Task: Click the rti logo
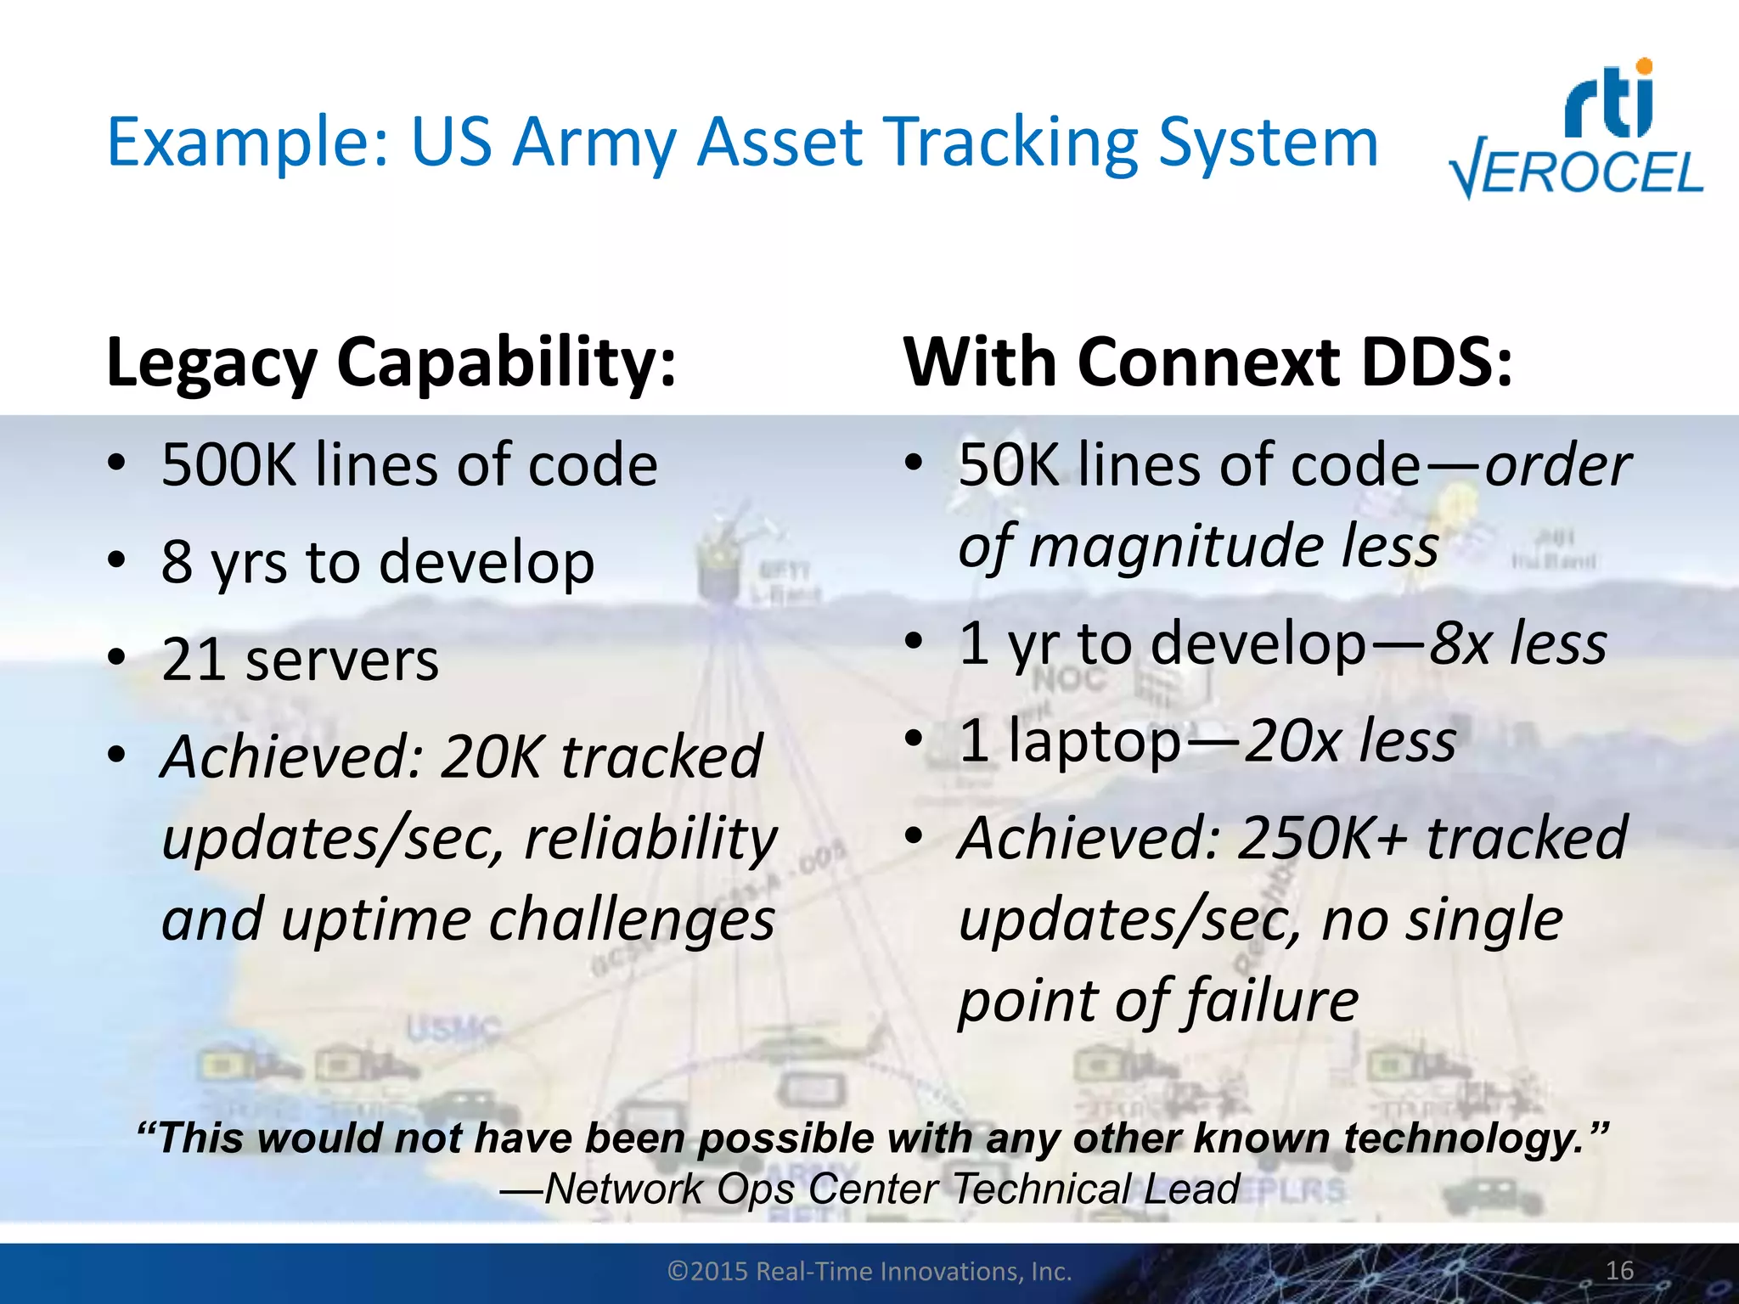(1610, 100)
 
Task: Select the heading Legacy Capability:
(391, 363)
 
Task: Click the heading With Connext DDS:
(1207, 363)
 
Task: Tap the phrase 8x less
(1517, 643)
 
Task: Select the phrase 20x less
(1350, 740)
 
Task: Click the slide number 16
(1619, 1271)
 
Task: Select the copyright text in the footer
(869, 1271)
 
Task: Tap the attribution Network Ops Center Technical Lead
(869, 1189)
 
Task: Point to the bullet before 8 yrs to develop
(116, 560)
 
